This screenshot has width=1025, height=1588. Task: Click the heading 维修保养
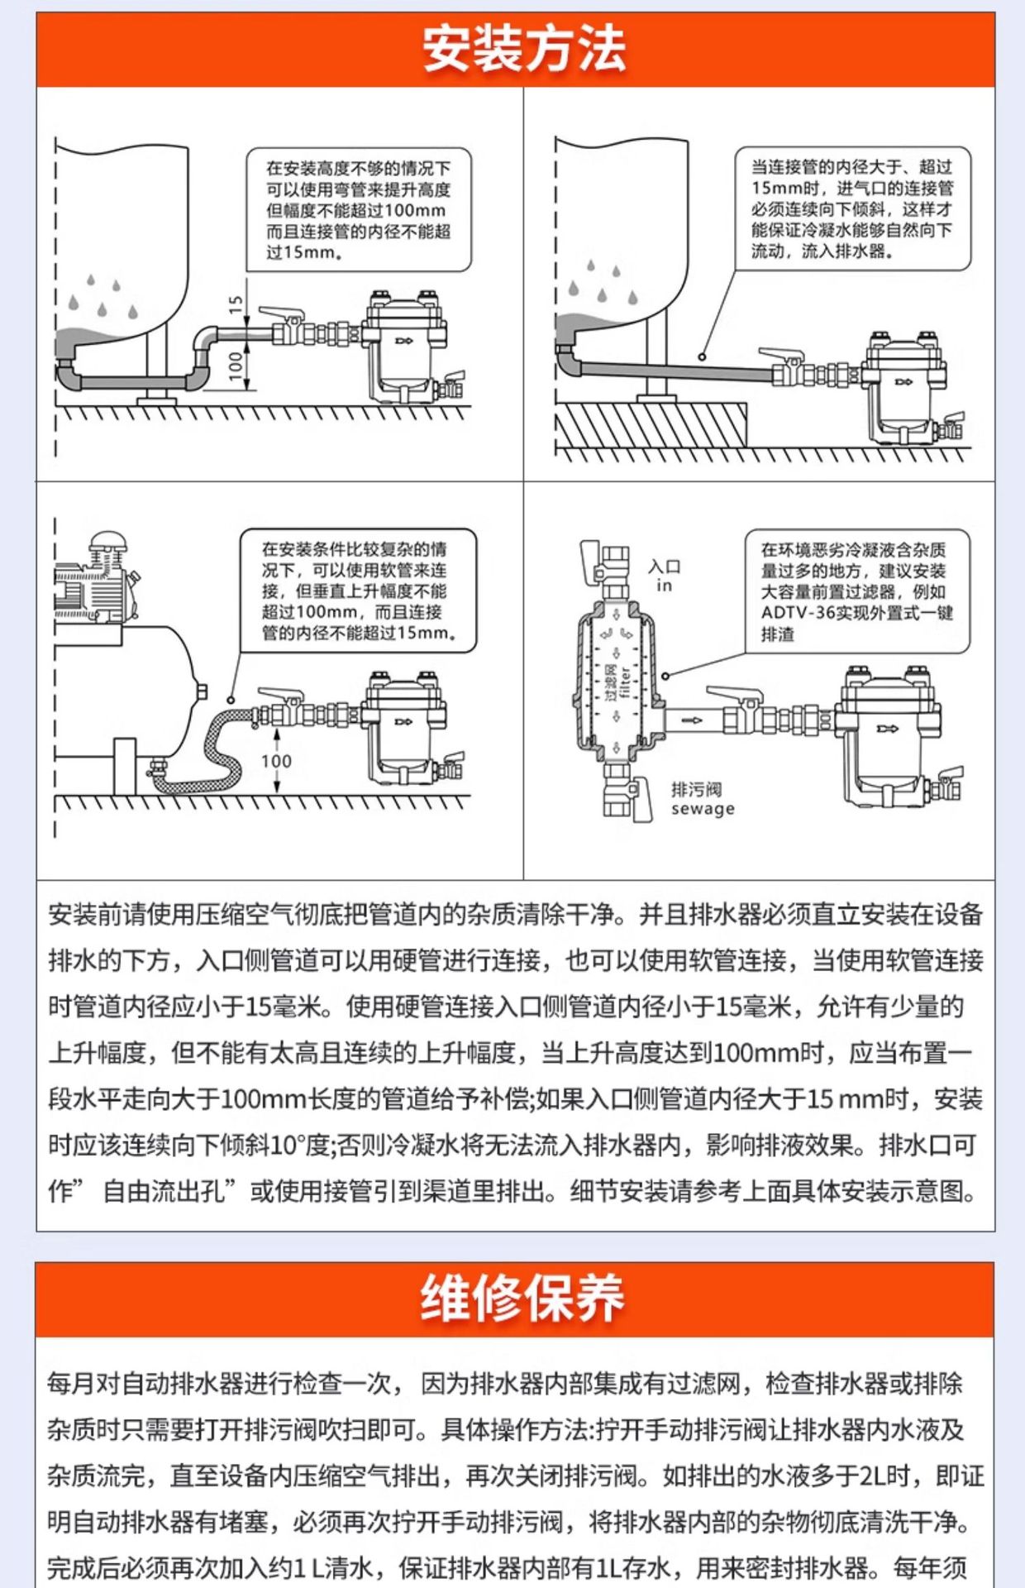tap(522, 1299)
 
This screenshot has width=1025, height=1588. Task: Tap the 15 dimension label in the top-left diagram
tap(236, 306)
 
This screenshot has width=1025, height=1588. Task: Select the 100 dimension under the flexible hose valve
tap(276, 761)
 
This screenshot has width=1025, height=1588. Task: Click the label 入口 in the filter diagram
tap(665, 566)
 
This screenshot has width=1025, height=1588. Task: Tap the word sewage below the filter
tap(703, 809)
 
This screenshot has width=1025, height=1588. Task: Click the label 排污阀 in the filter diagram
tap(696, 789)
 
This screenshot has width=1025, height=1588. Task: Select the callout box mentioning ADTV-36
tap(857, 591)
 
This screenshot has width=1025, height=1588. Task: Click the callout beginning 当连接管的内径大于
tap(852, 209)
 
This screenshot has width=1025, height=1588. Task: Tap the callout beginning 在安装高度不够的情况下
tap(359, 210)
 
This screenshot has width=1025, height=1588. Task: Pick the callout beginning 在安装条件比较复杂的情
tap(358, 591)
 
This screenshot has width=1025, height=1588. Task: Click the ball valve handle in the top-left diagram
tap(281, 315)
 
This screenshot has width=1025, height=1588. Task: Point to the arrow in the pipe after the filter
tap(693, 720)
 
